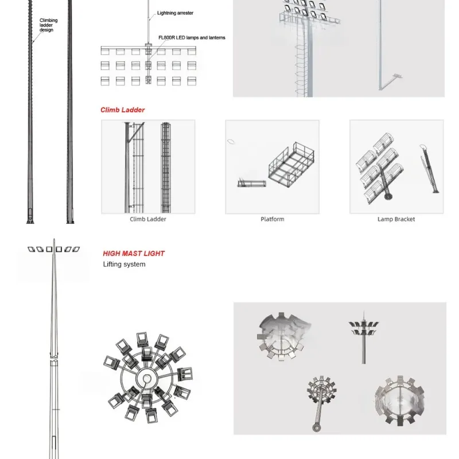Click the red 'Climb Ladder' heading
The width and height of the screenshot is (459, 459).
coord(123,110)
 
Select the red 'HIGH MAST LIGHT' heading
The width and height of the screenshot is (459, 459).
coord(134,253)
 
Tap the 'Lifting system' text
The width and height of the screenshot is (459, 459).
coord(125,264)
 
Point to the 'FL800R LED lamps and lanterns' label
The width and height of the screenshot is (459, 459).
coord(191,37)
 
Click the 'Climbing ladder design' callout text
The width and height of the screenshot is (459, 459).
coord(49,25)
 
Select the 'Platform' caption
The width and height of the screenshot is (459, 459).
coord(273,219)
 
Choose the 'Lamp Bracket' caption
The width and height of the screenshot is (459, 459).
coord(396,219)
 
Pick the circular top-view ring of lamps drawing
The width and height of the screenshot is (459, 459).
coord(147,379)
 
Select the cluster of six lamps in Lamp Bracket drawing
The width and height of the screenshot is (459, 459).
coord(380,166)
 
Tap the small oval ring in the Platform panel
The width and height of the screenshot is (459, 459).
coord(232,142)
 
